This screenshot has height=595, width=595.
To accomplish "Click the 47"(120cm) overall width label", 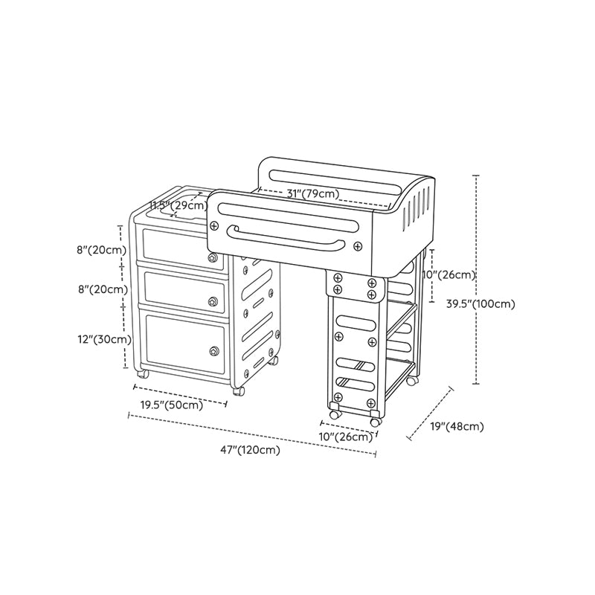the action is tap(251, 450).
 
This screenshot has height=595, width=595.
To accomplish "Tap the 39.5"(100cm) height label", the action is tap(480, 304).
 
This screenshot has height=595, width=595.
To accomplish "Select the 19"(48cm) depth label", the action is tap(457, 426).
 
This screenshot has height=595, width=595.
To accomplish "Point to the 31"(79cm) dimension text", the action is tap(312, 193).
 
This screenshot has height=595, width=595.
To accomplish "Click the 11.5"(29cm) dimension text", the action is tap(178, 206).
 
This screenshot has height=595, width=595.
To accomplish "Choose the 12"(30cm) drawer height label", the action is tap(105, 339).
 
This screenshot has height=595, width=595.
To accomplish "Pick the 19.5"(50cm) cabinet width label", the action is tap(172, 405).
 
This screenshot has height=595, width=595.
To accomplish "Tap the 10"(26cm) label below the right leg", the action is tap(346, 437).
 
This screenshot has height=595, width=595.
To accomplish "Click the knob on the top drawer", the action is tap(213, 258).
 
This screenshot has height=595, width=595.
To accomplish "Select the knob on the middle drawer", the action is tap(213, 302).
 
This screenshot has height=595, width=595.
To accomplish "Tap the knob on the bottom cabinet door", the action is tap(214, 351).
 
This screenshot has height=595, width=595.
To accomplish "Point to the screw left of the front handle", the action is tap(214, 226).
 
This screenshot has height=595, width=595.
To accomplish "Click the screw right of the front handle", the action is tap(358, 246).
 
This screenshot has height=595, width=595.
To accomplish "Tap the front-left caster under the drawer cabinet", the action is tap(143, 374).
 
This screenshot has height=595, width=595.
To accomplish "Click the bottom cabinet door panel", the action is tap(184, 344).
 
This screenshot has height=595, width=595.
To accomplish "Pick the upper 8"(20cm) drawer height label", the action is tap(102, 250).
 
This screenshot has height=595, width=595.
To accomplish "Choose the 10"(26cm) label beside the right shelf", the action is tap(449, 274).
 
